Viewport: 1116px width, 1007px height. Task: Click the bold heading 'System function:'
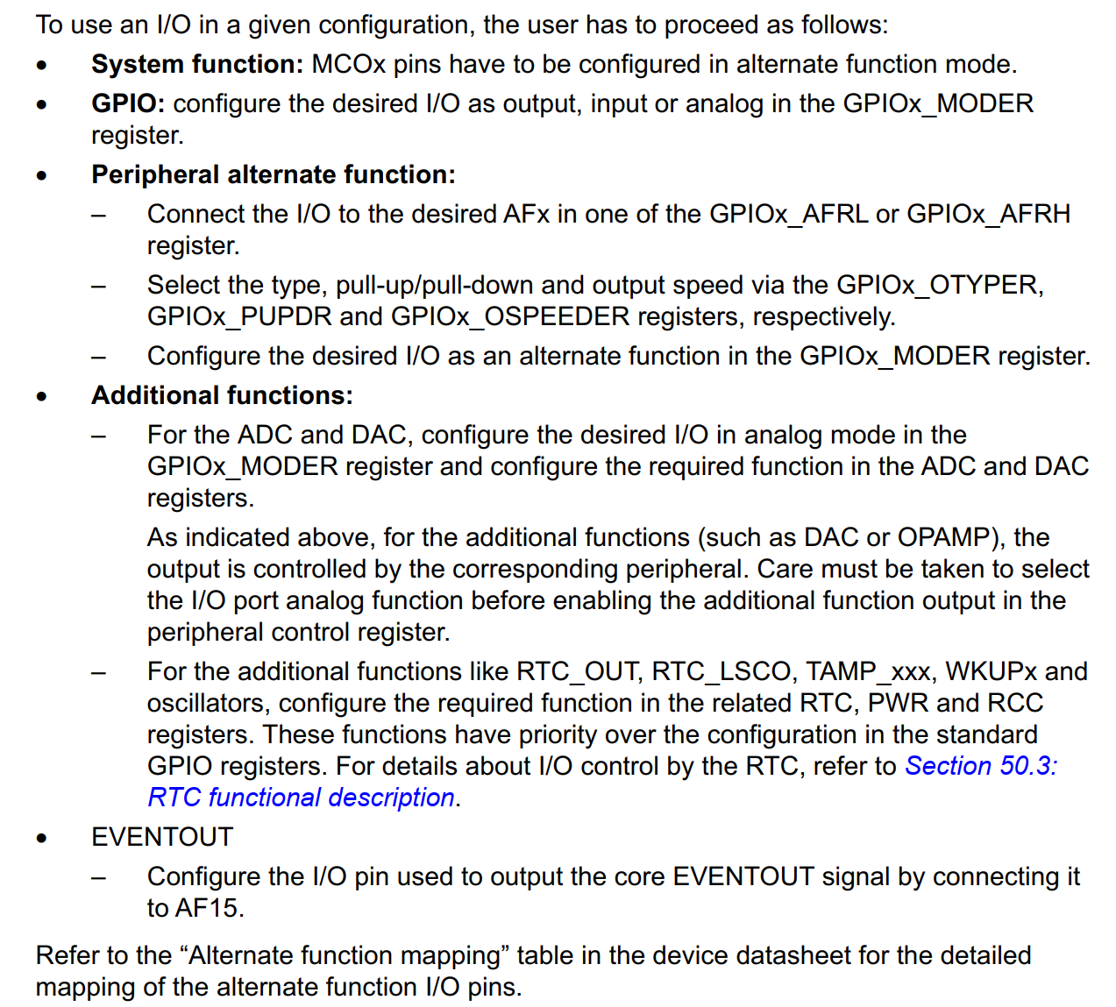click(x=197, y=65)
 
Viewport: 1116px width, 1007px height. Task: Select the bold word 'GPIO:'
click(x=128, y=104)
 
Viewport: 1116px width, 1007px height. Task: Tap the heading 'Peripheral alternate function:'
click(x=274, y=174)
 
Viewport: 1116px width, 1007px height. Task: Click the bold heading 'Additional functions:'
click(x=223, y=395)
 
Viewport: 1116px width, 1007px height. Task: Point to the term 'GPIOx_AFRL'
click(x=789, y=215)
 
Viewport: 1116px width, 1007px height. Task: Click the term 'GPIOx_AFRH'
click(x=989, y=215)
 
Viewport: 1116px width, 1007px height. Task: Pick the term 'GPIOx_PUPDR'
click(x=240, y=317)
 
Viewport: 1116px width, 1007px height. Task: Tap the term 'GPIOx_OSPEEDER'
click(x=511, y=317)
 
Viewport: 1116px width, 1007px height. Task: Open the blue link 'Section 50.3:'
click(x=981, y=766)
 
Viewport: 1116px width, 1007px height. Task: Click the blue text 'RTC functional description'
click(x=301, y=798)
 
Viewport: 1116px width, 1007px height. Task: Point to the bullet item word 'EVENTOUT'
click(x=162, y=837)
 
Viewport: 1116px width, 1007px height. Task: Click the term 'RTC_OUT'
click(x=576, y=672)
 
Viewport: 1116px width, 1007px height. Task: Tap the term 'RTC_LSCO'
click(x=721, y=672)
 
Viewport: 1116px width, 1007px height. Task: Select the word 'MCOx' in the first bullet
click(x=349, y=65)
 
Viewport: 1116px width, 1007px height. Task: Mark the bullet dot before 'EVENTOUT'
click(x=42, y=839)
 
